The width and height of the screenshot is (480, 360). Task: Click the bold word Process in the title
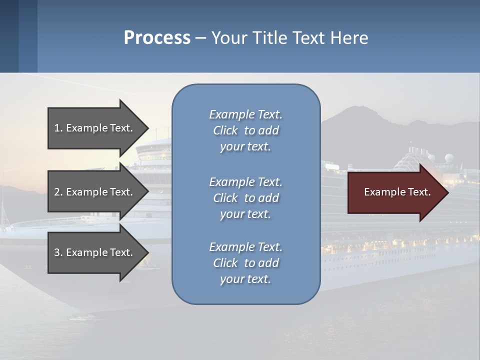coord(157,38)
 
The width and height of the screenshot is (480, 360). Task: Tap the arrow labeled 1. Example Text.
coord(95,128)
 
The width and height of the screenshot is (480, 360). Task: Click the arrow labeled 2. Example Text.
coord(95,192)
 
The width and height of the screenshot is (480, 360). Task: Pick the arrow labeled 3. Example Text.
coord(95,252)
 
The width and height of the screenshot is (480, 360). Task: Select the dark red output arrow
coord(395,192)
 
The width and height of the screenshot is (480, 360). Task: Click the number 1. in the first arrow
coord(58,128)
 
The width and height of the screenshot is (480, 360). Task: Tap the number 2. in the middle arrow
coord(58,192)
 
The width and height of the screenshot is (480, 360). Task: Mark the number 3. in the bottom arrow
coord(58,252)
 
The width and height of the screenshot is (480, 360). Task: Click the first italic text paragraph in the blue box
coord(245,130)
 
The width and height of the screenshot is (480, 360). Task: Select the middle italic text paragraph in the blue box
coord(245,198)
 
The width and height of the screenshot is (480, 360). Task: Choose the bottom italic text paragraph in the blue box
coord(245,263)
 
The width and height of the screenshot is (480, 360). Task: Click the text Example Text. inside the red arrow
coord(397,192)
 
